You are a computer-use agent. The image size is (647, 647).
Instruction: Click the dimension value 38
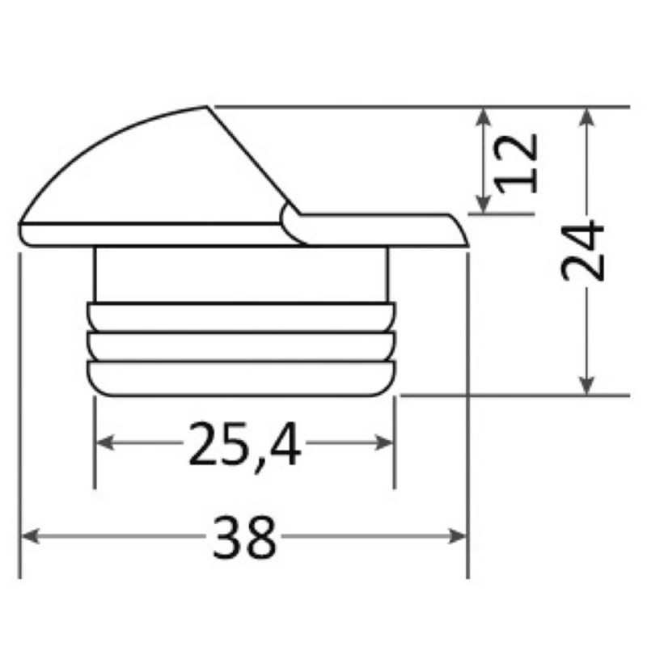(244, 536)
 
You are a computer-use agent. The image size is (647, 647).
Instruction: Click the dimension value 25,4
(245, 445)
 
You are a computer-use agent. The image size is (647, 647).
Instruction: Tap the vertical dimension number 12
(516, 163)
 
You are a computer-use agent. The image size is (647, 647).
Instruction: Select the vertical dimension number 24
(582, 251)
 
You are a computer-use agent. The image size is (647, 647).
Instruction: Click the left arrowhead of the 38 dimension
(30, 536)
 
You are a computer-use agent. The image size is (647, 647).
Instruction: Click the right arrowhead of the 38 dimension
(457, 536)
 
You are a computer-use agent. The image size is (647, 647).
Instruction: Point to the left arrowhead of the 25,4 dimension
(105, 442)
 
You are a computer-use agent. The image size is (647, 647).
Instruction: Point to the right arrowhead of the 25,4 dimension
(383, 442)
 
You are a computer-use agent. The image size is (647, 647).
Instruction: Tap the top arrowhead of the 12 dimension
(483, 116)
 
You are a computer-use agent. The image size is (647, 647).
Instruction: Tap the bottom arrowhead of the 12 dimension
(483, 205)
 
